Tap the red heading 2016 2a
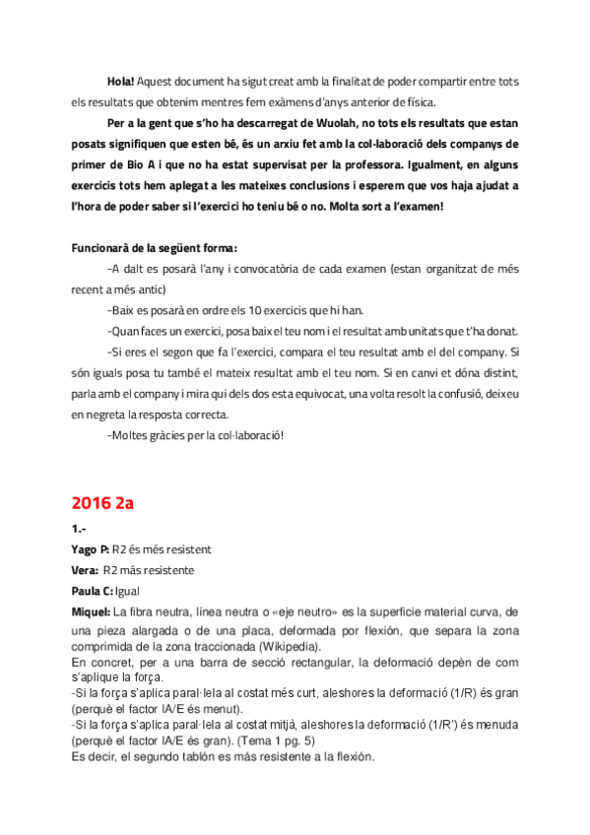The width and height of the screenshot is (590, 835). coord(101,502)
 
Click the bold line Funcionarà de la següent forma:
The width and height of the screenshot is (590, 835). coord(155,247)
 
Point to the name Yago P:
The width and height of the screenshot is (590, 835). coord(90,547)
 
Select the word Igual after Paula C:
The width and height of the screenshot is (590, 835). coord(128,591)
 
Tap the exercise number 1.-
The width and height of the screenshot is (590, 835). coord(78,528)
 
